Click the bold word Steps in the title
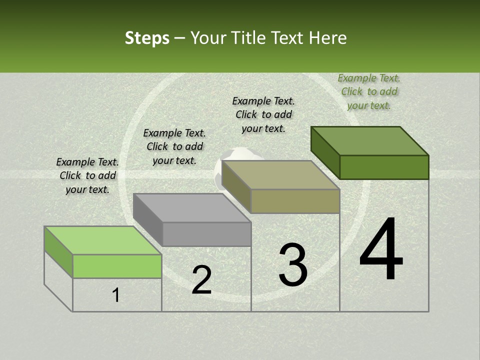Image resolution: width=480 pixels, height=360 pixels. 147,38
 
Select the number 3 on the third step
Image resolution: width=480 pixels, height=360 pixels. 293,265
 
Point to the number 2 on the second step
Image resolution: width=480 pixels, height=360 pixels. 202,280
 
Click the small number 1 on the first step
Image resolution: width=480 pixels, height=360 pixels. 116,295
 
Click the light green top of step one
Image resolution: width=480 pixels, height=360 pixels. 102,240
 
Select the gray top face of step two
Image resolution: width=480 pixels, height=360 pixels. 192,207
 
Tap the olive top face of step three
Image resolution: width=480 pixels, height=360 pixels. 281,175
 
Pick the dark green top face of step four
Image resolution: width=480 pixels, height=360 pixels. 370,141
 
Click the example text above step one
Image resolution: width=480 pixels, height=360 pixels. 87,175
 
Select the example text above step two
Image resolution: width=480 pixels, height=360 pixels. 174,146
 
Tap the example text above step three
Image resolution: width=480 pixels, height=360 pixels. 263,114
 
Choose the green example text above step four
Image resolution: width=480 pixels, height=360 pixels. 369,91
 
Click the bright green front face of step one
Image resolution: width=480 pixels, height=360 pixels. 117,266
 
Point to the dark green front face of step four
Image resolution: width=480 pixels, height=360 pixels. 384,167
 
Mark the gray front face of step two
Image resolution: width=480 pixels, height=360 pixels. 206,234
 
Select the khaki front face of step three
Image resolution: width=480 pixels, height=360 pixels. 295,201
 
